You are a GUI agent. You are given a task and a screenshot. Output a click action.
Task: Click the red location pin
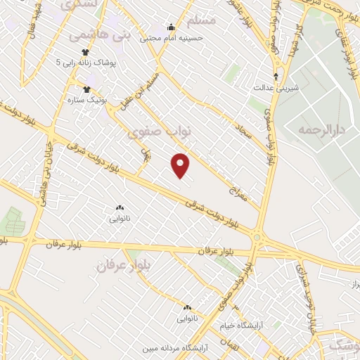[181, 165]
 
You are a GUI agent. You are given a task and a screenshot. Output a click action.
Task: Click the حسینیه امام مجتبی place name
[172, 38]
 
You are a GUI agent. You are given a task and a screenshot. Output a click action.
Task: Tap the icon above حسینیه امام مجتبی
[171, 28]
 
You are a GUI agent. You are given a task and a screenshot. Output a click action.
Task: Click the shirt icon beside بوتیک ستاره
[87, 90]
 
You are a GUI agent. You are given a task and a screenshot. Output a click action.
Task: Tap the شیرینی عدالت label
[276, 87]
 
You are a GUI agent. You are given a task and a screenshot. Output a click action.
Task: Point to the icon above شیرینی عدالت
[276, 76]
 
